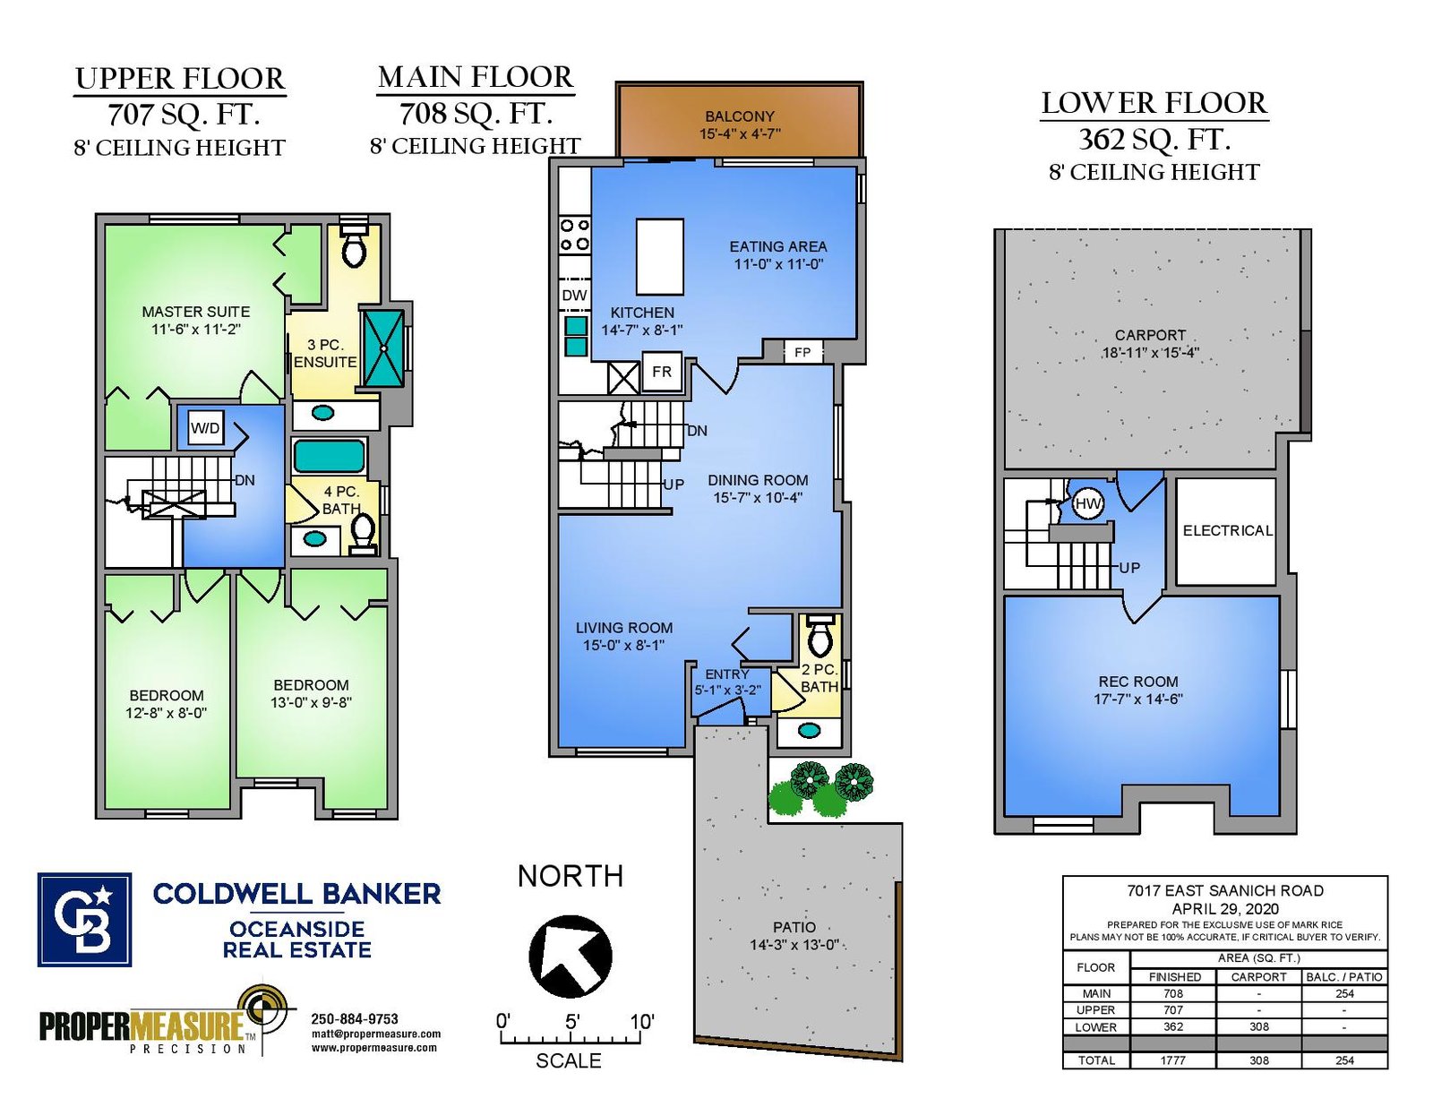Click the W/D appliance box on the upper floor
tap(205, 428)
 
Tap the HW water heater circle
tap(1088, 504)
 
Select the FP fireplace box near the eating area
tap(802, 352)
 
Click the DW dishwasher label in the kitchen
tap(574, 296)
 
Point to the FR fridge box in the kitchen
tap(662, 372)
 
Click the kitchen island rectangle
tap(659, 256)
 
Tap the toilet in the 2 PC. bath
tap(820, 636)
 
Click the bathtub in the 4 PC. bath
tap(329, 456)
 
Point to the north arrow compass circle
tap(571, 956)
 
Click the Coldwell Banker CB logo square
tap(84, 920)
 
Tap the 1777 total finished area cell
tap(1173, 1060)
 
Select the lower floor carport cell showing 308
tap(1259, 1026)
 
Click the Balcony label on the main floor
tap(740, 116)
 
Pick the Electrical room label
tap(1227, 530)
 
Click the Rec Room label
tap(1138, 681)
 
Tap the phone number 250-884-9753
tap(355, 1018)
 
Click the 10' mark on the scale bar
tap(641, 1022)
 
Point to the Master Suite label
tap(196, 311)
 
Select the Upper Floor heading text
tap(180, 79)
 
